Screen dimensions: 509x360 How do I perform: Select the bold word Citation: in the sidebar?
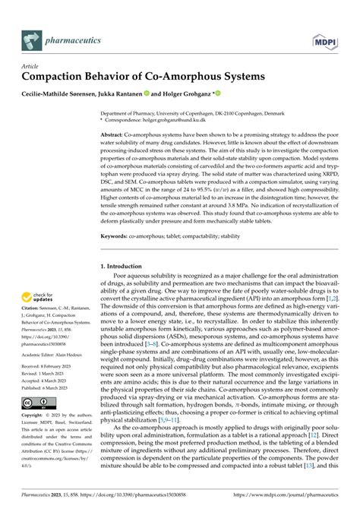click(34, 321)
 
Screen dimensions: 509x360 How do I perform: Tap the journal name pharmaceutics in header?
click(75, 36)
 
